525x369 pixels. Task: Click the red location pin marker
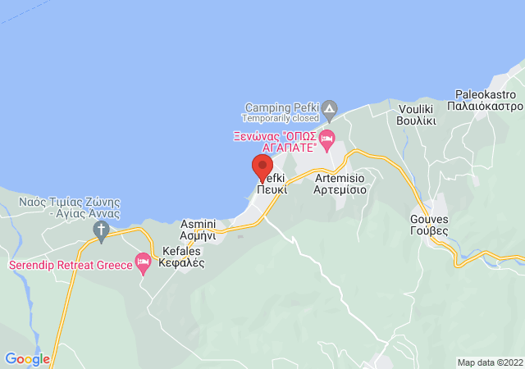(262, 166)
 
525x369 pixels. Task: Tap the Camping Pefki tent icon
(329, 107)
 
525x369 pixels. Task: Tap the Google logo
(27, 359)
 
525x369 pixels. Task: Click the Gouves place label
(429, 219)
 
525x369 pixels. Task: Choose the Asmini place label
(198, 224)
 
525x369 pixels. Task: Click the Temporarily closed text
(280, 118)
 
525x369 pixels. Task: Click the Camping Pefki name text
(280, 107)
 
